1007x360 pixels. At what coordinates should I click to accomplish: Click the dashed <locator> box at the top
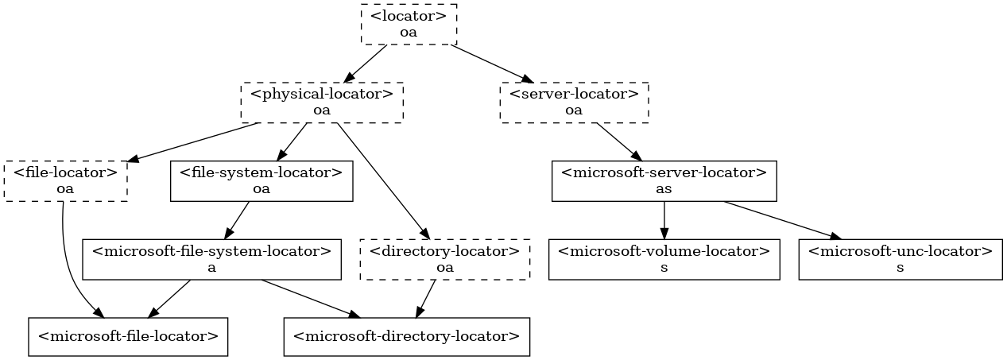pos(409,24)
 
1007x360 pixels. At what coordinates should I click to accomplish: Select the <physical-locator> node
pos(322,102)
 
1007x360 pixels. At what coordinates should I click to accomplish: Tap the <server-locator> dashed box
pos(574,102)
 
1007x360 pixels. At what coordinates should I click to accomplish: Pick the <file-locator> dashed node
pos(66,180)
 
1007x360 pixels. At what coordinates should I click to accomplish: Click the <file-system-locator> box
pos(261,180)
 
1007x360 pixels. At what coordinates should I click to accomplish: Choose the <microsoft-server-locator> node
pos(664,180)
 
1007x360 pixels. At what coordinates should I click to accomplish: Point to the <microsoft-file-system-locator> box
pos(212,259)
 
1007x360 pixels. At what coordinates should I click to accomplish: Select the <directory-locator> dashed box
pos(445,259)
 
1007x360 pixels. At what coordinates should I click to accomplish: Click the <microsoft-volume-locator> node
pos(664,259)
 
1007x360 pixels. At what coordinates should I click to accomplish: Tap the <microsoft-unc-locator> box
pos(900,259)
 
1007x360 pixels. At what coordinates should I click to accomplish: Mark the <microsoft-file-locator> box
pos(129,337)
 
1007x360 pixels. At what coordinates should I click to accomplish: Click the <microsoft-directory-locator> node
pos(406,337)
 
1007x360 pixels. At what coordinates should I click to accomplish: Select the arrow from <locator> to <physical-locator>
pos(366,62)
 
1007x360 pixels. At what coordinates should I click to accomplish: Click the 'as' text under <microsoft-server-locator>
pos(664,189)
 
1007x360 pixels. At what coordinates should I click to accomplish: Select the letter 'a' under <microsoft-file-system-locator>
pos(212,268)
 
